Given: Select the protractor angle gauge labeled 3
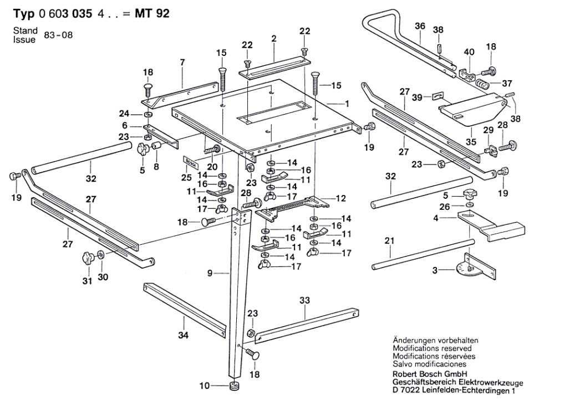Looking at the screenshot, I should (471, 268).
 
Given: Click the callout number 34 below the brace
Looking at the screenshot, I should (184, 335).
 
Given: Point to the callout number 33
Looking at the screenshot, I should (304, 300).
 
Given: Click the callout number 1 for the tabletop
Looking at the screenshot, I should (348, 104).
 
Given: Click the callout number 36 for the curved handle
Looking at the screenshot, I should (420, 25).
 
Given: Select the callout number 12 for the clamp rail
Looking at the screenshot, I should (341, 198).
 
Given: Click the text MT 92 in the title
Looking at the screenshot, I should (151, 14).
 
